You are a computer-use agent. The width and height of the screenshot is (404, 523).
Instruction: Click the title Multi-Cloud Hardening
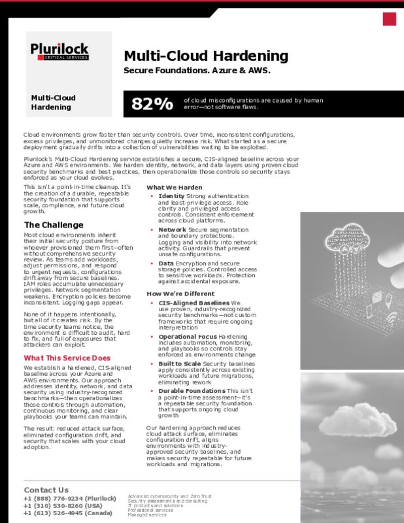click(206, 56)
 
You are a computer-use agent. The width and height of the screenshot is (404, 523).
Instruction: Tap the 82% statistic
click(152, 103)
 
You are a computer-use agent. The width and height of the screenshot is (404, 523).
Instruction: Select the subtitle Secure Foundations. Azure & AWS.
click(197, 70)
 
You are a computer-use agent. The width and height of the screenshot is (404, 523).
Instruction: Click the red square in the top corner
click(390, 19)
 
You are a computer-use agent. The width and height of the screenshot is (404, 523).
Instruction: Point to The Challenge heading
click(53, 226)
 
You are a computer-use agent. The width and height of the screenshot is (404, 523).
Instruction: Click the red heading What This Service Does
click(67, 358)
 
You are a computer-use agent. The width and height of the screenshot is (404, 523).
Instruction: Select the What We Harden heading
click(174, 188)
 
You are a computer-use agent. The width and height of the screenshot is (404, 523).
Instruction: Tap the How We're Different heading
click(180, 294)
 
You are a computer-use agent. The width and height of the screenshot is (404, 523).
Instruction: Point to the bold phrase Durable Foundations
click(192, 390)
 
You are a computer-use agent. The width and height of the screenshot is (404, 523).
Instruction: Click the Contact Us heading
click(46, 490)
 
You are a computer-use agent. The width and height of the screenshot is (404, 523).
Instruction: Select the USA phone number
click(63, 505)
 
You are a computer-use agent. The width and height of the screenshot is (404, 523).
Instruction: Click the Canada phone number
click(68, 513)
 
